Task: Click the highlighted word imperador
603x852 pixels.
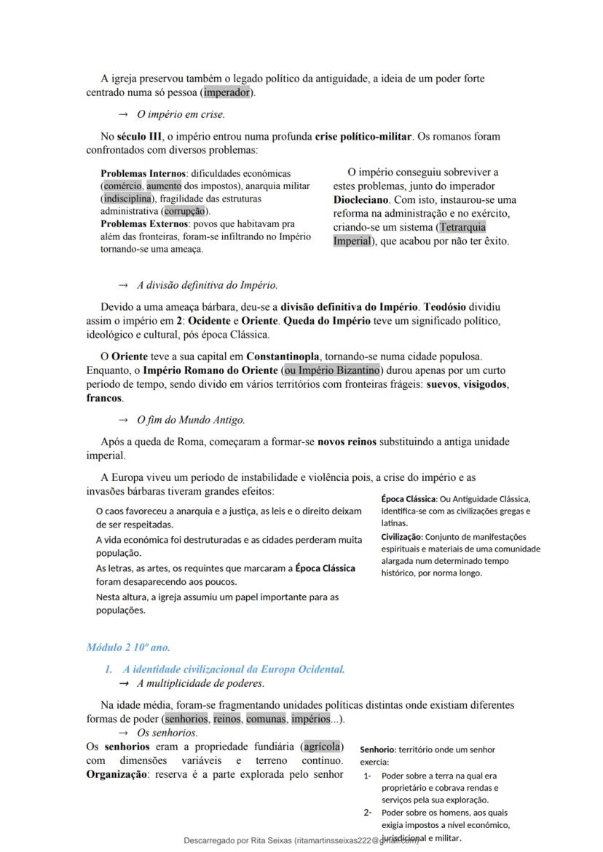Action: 226,93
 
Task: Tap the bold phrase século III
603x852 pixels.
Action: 140,136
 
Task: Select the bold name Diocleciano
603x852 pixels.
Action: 362,199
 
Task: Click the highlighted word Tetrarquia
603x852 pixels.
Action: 462,227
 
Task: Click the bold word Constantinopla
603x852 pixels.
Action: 283,357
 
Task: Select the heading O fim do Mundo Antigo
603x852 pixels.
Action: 191,420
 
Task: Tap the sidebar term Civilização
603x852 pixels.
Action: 401,537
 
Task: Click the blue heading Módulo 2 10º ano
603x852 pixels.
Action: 128,647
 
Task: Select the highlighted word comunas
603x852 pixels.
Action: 265,719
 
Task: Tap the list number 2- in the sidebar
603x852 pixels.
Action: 368,813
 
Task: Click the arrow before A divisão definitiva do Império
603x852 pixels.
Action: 123,285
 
